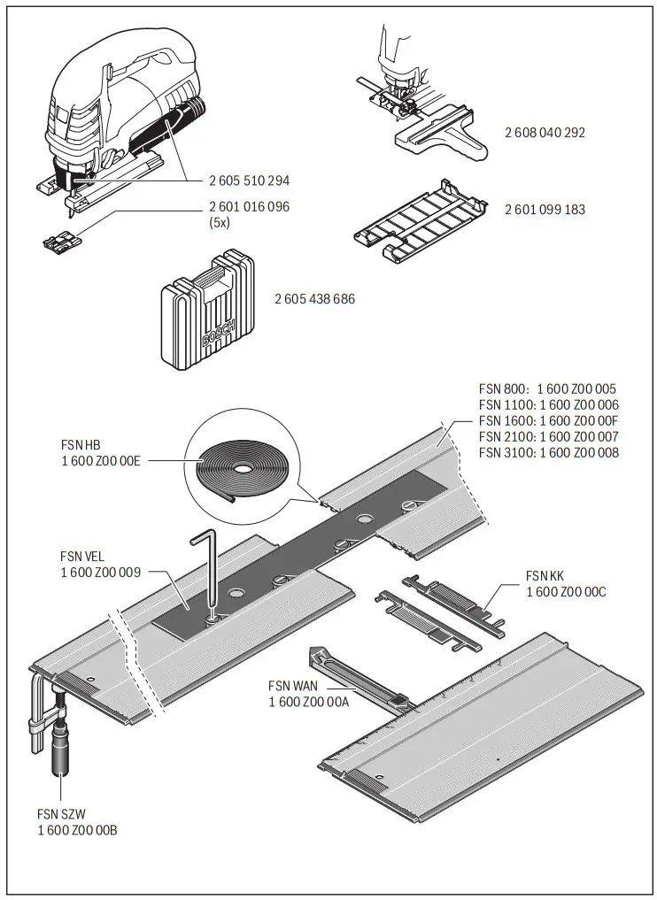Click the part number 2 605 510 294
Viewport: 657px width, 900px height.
tap(249, 181)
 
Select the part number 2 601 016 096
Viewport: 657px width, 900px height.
tap(249, 206)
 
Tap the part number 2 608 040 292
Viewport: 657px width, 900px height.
tap(545, 133)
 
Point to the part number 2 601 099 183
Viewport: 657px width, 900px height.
tap(545, 210)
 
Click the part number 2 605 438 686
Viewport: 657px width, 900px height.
tap(314, 299)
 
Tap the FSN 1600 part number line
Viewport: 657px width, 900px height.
tap(548, 420)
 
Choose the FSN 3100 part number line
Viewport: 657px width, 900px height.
tap(548, 452)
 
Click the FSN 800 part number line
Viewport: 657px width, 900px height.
tap(548, 388)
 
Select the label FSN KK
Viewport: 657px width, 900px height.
tap(545, 575)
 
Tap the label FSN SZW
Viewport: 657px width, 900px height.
tap(61, 813)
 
